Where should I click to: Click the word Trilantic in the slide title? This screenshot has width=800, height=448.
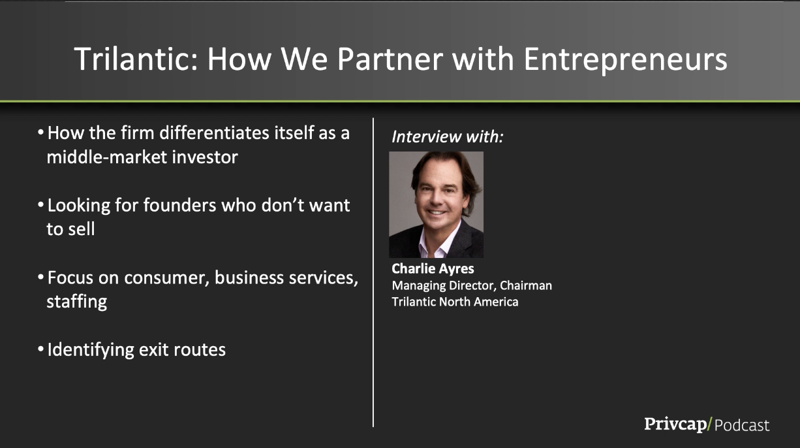click(x=136, y=59)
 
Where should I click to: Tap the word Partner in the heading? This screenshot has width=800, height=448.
click(x=390, y=59)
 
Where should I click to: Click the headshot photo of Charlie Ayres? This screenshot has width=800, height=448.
click(x=436, y=204)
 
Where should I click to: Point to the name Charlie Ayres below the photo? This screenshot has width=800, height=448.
click(x=433, y=269)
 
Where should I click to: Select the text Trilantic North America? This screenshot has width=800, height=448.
click(x=455, y=302)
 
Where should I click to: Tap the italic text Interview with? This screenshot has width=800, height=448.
click(x=448, y=136)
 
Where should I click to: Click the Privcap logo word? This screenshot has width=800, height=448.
click(x=675, y=424)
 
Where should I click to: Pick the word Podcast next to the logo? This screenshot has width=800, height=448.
click(x=742, y=426)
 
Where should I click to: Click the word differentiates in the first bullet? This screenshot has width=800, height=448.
click(x=215, y=133)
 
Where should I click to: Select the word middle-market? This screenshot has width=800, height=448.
click(x=107, y=157)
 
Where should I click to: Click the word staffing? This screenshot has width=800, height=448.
click(x=77, y=302)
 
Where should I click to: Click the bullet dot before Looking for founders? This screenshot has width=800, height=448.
click(x=40, y=205)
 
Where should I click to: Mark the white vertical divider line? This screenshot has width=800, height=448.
click(x=373, y=272)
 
